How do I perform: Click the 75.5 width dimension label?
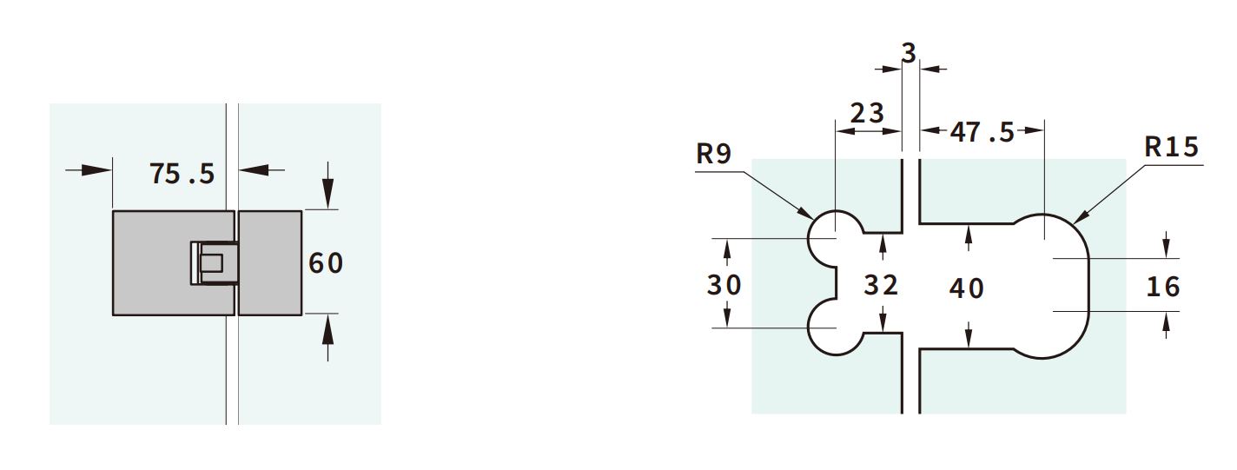(182, 173)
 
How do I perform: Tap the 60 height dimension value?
(326, 262)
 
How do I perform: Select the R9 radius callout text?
(714, 155)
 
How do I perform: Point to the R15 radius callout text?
(1171, 147)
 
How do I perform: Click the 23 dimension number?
(866, 113)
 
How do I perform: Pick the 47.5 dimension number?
(982, 132)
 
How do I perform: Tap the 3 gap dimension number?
(909, 54)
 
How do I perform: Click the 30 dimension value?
(724, 284)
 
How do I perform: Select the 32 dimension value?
(881, 284)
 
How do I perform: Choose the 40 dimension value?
(966, 288)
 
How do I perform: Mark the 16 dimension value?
(1163, 286)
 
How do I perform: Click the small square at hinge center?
(211, 262)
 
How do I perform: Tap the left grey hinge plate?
(152, 262)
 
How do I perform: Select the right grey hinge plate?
(270, 262)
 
